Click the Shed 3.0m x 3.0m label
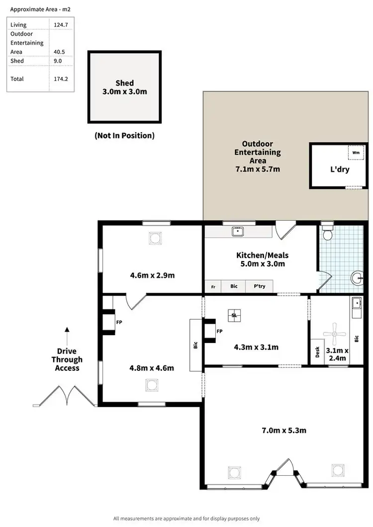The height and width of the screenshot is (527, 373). (x=124, y=88)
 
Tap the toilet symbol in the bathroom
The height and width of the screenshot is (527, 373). (x=327, y=232)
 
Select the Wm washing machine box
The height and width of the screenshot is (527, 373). (x=356, y=153)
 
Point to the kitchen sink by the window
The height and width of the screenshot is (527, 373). (x=238, y=231)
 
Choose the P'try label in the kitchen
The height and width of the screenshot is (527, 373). (x=259, y=286)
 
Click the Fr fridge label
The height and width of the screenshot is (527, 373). (x=213, y=287)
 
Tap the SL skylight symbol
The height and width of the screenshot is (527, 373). (x=234, y=314)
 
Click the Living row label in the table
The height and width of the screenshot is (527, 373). (x=18, y=24)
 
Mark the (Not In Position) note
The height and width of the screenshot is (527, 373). (x=124, y=135)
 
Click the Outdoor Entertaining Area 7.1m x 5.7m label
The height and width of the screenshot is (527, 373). (x=257, y=157)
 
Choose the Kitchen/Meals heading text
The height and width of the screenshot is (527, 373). (x=262, y=256)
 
